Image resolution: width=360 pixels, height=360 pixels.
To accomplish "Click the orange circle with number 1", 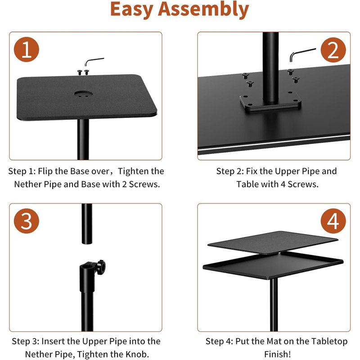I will (x=27, y=50).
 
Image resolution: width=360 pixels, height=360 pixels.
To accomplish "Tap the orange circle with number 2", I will (x=333, y=50).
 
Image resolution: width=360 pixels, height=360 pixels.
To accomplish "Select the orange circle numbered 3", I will (x=27, y=221).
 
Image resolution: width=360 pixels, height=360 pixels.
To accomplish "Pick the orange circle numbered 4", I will (x=333, y=221).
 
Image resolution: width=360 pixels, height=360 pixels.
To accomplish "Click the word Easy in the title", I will (x=137, y=10).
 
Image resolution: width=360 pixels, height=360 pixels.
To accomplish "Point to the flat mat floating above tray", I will (x=273, y=242).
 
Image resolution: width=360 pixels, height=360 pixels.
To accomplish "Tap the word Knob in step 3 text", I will (x=134, y=354).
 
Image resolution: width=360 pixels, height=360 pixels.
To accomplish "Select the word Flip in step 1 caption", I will (x=47, y=171).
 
